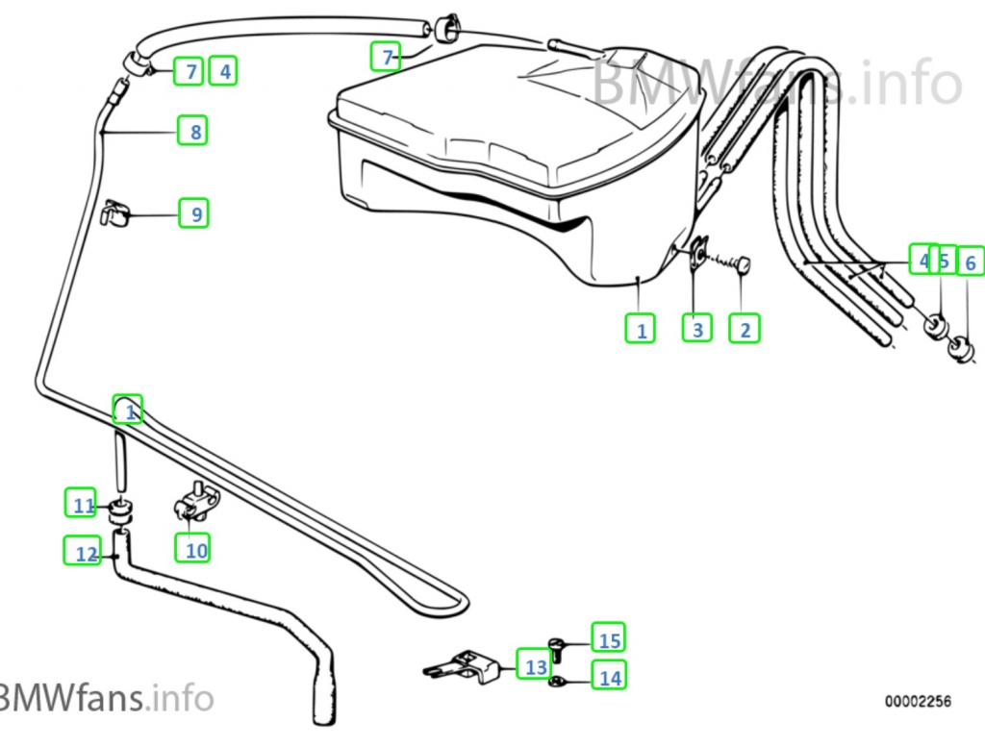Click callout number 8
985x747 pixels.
192,130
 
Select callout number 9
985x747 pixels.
194,212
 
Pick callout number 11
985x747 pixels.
82,503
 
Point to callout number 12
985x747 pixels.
83,551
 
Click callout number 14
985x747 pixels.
608,677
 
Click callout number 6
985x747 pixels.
970,261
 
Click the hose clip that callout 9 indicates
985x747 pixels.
114,212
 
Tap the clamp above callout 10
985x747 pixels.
196,503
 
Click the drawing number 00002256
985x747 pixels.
919,702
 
